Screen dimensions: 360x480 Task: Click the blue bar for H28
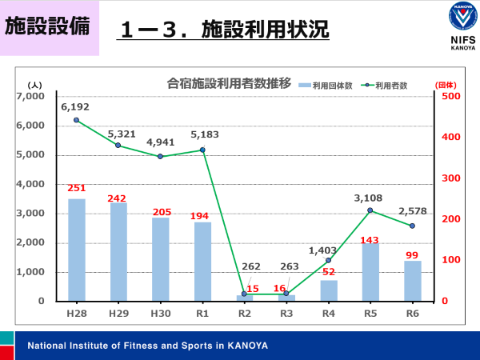pos(77,250)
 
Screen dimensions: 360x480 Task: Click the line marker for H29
pos(118,145)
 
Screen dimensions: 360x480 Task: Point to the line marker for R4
pos(328,260)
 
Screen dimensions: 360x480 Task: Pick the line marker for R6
pos(412,226)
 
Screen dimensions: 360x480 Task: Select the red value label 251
pos(77,189)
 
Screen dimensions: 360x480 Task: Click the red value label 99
pos(412,253)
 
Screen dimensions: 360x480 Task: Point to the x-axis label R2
pos(244,314)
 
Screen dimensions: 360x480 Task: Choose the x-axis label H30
pos(160,314)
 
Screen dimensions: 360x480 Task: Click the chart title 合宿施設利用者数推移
pos(228,83)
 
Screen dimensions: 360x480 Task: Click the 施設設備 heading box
pos(48,26)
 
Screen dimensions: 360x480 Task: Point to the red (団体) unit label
pos(445,84)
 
